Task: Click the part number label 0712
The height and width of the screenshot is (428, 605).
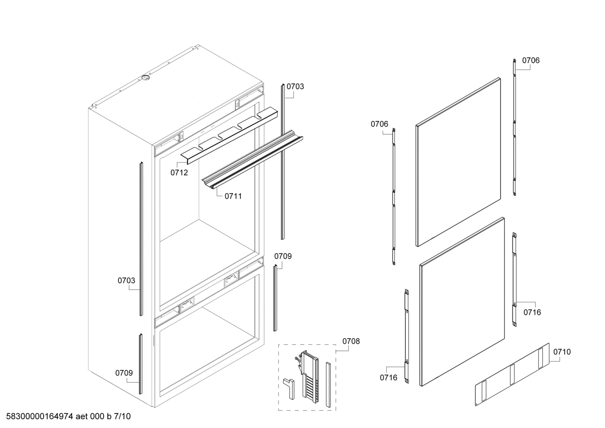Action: coord(179,173)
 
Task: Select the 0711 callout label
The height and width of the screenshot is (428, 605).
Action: coord(233,196)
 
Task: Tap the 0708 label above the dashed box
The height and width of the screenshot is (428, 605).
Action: coord(351,341)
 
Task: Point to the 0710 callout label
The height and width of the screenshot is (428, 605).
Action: coord(562,352)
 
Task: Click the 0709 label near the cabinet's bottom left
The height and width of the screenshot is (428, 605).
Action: coord(124,373)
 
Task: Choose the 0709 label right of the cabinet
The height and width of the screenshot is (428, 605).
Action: coord(283,256)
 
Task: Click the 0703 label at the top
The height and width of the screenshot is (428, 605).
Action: coord(295,87)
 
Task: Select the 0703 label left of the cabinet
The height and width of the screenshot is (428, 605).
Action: coord(126,281)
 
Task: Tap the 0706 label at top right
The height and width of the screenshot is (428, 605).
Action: coord(531,60)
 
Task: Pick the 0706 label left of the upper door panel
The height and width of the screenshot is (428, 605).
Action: coord(379,124)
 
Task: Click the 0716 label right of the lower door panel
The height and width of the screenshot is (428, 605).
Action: coord(532,312)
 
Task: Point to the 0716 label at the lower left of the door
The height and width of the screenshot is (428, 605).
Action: coord(389,378)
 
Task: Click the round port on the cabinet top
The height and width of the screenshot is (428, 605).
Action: coord(146,78)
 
